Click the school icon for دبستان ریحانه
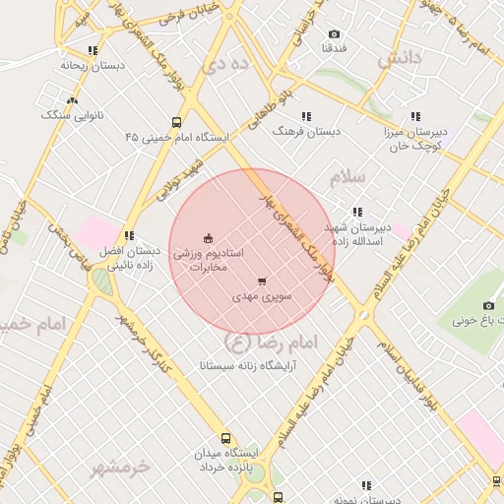pos(93,50)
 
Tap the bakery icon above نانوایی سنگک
pos(70,99)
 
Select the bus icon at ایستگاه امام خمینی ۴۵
pos(176,123)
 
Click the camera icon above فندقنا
pos(333,34)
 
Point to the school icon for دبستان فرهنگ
pos(306,115)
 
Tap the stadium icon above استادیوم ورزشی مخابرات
pos(207,237)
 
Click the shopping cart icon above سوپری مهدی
pos(260,281)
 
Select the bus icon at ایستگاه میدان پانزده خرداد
pos(226,438)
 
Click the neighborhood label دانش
pos(399,59)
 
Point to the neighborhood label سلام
pos(346,177)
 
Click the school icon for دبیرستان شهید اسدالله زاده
pos(356,212)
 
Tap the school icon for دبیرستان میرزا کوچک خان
pos(415,115)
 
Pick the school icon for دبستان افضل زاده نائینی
pos(128,235)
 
